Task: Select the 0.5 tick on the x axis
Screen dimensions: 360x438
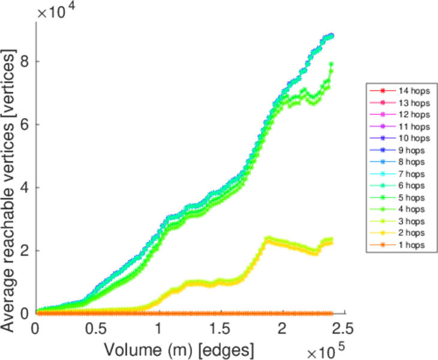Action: pos(97,329)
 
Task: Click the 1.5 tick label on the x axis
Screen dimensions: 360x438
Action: pos(220,329)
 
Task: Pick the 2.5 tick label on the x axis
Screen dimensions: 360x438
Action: pos(343,329)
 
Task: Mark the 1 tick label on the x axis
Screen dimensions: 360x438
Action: pos(158,329)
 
